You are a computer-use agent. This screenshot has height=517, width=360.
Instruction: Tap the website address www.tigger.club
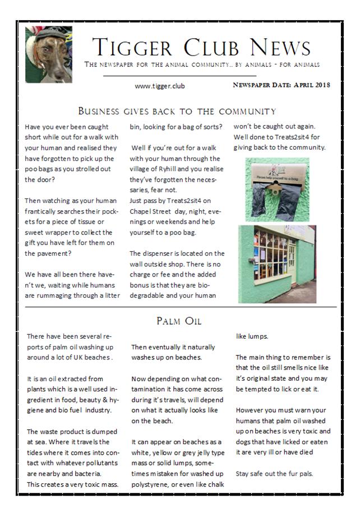(x=160, y=86)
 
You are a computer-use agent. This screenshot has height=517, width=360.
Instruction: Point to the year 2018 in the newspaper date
(x=320, y=85)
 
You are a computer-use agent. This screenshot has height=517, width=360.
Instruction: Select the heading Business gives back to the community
(x=177, y=111)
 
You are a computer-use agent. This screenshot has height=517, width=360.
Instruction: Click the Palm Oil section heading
(x=179, y=321)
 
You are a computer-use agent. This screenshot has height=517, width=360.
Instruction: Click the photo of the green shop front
(x=276, y=263)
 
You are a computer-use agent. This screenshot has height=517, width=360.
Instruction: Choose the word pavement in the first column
(x=46, y=253)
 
